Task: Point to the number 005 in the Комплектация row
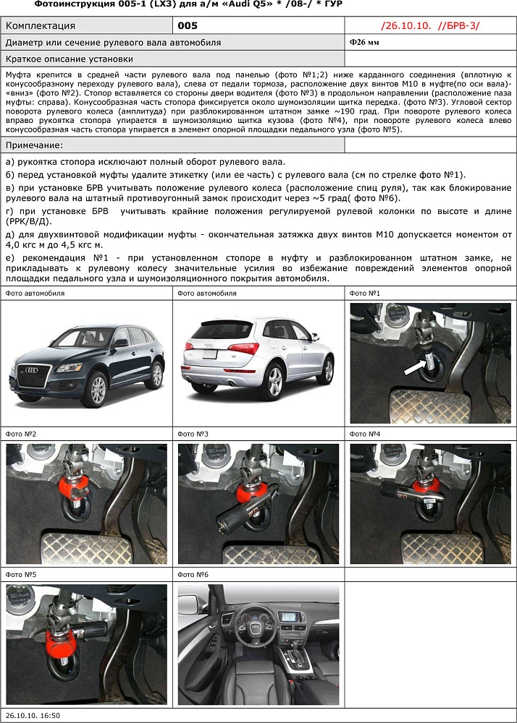click(x=187, y=26)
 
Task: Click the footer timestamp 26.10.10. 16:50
click(x=33, y=715)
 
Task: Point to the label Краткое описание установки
click(x=69, y=59)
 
